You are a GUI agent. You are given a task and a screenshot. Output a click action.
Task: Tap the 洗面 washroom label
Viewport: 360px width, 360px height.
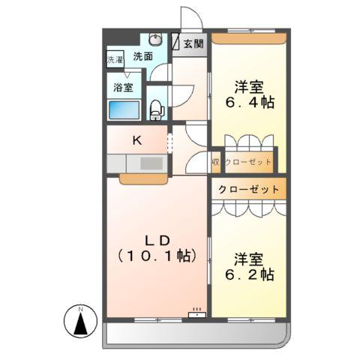pos(143,55)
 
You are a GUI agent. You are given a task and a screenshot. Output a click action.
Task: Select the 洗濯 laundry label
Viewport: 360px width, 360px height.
pos(115,59)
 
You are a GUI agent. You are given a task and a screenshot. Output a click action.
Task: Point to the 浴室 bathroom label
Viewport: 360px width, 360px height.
pos(124,86)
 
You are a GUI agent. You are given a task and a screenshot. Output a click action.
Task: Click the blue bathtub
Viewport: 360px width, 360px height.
pos(125,110)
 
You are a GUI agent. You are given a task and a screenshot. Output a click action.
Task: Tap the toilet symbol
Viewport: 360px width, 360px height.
pos(156,109)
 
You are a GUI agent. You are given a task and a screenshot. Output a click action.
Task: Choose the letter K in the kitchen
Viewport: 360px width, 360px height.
pos(137,139)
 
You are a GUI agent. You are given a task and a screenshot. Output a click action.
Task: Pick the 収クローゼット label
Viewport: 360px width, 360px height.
pos(244,161)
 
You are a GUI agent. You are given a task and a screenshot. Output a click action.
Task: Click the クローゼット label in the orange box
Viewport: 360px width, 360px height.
pos(248,190)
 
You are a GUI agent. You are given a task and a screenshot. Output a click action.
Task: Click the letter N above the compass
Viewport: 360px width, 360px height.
pos(79,307)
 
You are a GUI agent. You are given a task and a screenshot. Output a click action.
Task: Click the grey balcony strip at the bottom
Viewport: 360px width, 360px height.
pos(195,334)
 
